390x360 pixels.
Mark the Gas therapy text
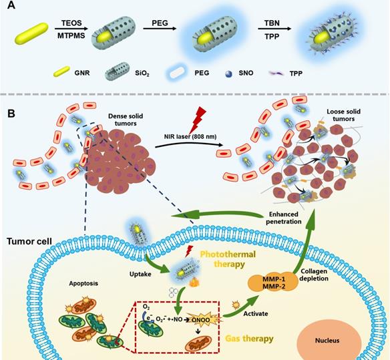point(249,339)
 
